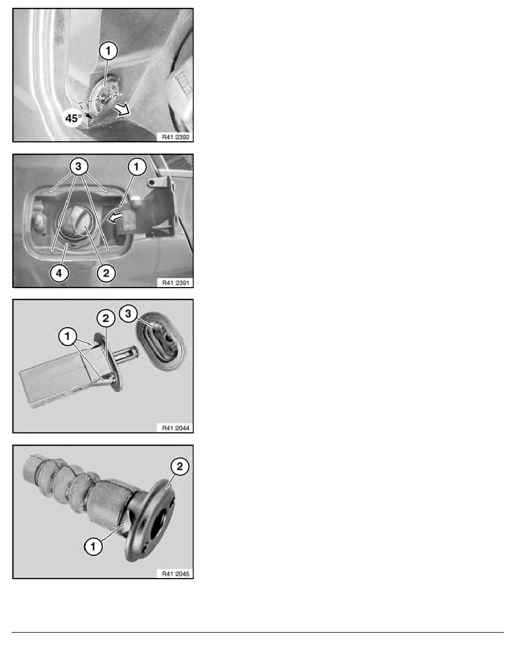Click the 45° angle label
[73, 118]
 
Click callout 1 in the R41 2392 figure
[109, 51]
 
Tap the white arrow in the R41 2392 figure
[122, 110]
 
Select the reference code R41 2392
[176, 137]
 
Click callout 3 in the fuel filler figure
[78, 166]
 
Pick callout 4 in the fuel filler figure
[59, 273]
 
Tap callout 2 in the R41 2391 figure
[106, 273]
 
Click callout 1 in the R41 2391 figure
[136, 166]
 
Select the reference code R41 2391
[176, 283]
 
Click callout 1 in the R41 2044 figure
[67, 337]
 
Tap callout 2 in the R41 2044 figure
[105, 319]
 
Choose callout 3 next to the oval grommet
[128, 313]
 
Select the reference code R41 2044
[176, 428]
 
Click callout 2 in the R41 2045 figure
[180, 466]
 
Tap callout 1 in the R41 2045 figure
[93, 547]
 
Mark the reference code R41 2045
[176, 573]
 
